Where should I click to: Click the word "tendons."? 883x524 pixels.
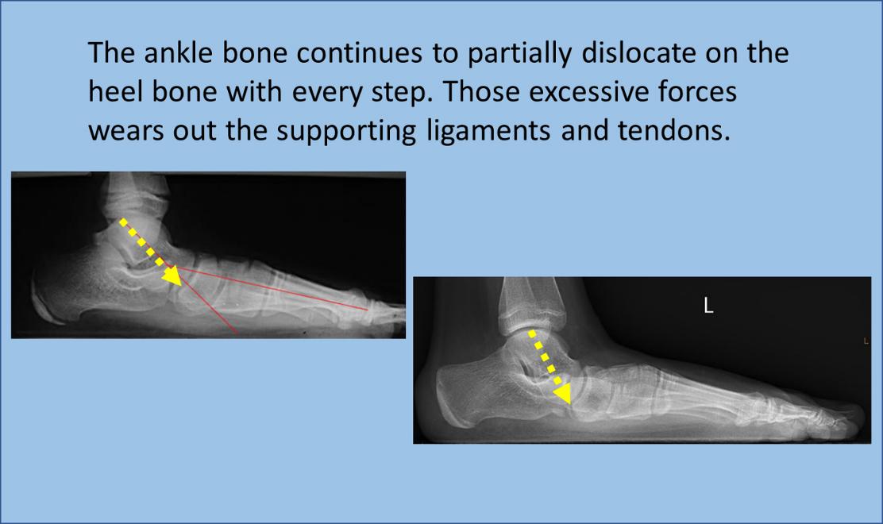point(673,130)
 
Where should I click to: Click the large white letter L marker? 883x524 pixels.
point(708,306)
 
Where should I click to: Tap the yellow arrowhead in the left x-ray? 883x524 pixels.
point(172,275)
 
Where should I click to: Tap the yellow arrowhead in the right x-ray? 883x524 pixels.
point(562,394)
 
